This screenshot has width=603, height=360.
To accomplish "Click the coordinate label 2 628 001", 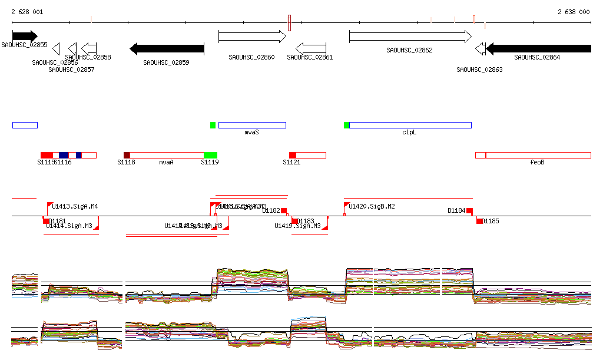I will pos(27,12).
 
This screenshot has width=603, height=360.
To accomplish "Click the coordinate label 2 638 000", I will pos(574,12).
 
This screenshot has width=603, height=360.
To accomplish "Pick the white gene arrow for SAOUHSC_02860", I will pos(252,37).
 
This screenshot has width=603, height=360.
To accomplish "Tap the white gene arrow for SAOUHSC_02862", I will pos(410,37).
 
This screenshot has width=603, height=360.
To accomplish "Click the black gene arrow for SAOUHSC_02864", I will pos(538,48).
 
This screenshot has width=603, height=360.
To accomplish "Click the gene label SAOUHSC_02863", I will pos(479,70).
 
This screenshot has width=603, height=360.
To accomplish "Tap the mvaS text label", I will pos(251,133).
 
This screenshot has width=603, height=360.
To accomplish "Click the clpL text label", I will pos(409,133).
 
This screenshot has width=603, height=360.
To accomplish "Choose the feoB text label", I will pos(537,162).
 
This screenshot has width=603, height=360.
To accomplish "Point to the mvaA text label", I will pos(166,162).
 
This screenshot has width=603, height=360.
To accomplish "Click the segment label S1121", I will pos(291,162).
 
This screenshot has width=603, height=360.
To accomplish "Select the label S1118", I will pos(126,162).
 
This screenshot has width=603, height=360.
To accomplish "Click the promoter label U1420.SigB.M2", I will pos(372,206).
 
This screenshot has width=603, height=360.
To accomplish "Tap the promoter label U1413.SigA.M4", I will pos(75,206).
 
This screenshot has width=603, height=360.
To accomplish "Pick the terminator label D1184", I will pos(456,210).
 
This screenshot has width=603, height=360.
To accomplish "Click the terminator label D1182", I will pos(271,210).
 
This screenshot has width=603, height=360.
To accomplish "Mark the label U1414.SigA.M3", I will pos(69,226).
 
